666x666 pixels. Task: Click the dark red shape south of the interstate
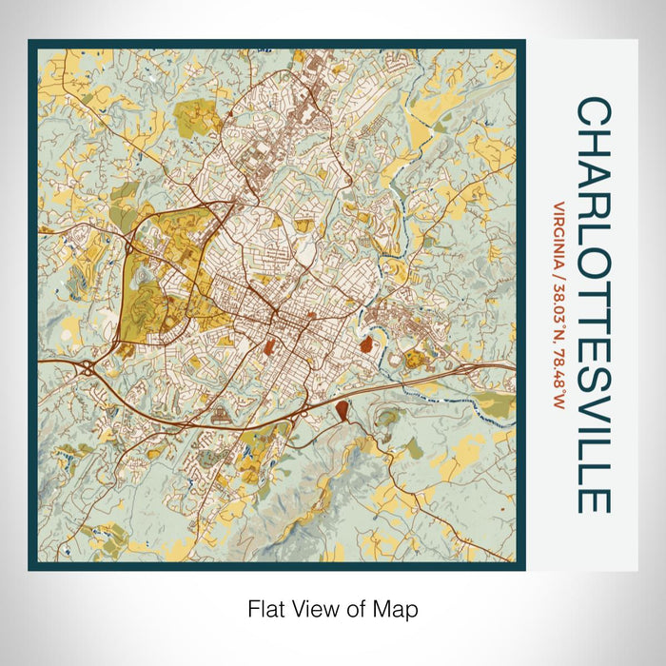(x=341, y=411)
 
